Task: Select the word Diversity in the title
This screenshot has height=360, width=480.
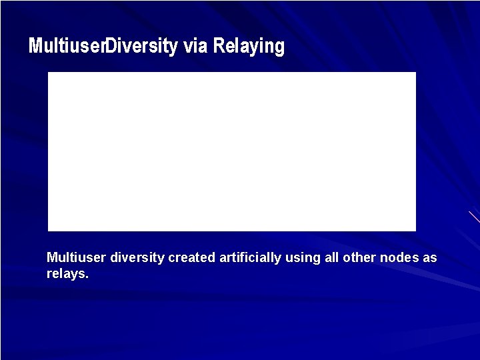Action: pyautogui.click(x=141, y=46)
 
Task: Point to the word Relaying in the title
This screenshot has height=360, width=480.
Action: pyautogui.click(x=249, y=47)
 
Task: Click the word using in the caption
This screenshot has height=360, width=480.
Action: pyautogui.click(x=303, y=258)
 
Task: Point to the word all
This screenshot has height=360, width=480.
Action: pyautogui.click(x=331, y=257)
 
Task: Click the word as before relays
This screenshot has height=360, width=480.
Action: pyautogui.click(x=430, y=258)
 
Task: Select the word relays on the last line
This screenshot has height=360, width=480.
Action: pyautogui.click(x=65, y=273)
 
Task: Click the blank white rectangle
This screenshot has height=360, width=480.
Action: pyautogui.click(x=232, y=151)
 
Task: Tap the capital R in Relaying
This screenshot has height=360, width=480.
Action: pyautogui.click(x=218, y=46)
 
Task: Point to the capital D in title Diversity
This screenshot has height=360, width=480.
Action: pyautogui.click(x=111, y=46)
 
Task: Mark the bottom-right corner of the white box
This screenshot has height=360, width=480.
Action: pyautogui.click(x=415, y=230)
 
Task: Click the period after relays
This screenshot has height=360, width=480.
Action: pyautogui.click(x=87, y=277)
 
